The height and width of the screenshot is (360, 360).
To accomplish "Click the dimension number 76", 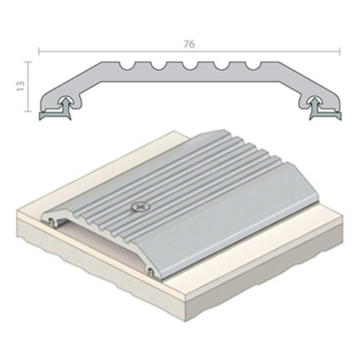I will tap(189, 44).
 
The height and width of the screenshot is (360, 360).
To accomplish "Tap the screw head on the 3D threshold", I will tap(140, 207).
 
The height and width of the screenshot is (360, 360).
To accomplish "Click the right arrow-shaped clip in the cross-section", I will tap(315, 107).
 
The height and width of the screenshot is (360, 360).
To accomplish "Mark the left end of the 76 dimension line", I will tap(38, 51).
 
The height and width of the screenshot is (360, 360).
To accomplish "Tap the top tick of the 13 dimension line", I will tap(30, 62).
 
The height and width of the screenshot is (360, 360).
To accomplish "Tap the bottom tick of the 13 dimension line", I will tap(30, 112).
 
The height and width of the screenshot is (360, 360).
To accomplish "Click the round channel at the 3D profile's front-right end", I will tap(150, 271).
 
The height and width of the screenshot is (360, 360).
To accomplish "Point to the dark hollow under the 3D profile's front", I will tap(101, 248).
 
